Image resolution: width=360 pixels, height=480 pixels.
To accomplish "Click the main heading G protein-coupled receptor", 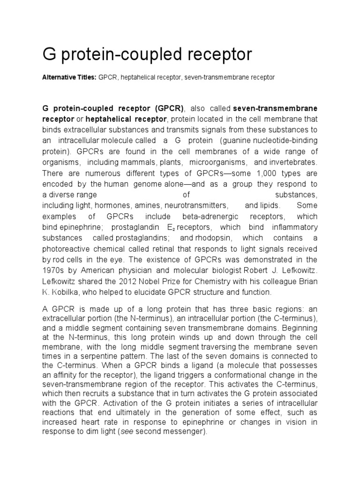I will point(147,55).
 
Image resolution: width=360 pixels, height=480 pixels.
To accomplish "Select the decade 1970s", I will point(54,270).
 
